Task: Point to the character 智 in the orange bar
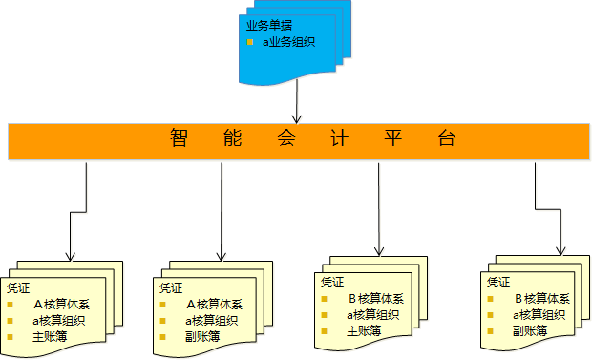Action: coord(179,139)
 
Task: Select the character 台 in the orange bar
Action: coord(445,139)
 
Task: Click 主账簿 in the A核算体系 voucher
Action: coord(50,336)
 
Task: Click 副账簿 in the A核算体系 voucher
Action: coord(202,336)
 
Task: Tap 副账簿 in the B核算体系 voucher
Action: coord(529,330)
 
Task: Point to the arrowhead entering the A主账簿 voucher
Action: coord(70,255)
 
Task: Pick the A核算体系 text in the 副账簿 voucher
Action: coord(214,305)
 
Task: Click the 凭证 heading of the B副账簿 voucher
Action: coord(498,283)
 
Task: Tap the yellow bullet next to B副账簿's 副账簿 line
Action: coord(492,330)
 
